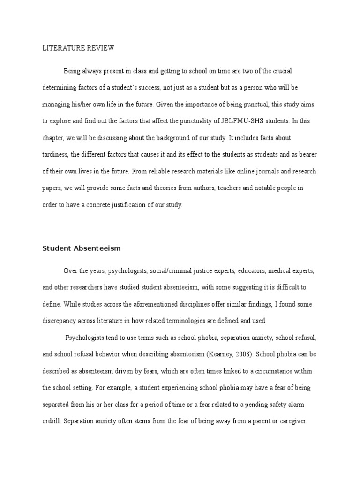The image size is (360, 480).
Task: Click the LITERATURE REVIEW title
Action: click(78, 48)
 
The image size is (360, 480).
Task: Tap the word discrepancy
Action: click(61, 321)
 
